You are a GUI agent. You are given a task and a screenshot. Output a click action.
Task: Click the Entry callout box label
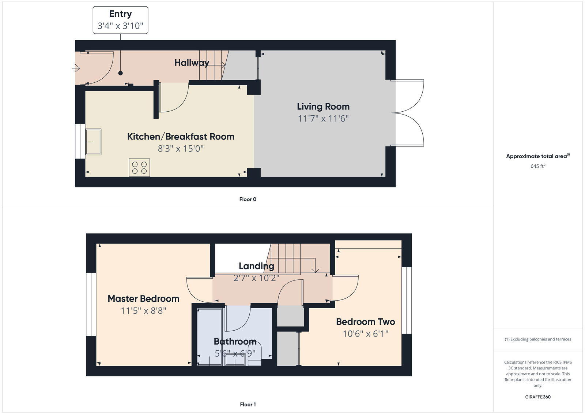[x=120, y=14]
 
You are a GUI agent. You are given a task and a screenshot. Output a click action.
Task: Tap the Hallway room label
[x=192, y=63]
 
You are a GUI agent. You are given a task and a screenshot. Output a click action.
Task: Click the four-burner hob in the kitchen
[x=139, y=168]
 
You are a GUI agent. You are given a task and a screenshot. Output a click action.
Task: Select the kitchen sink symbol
[x=93, y=142]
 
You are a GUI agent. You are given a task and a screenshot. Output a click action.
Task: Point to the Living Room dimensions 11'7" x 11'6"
[x=323, y=119]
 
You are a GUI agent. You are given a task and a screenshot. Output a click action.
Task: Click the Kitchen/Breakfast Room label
[x=181, y=137]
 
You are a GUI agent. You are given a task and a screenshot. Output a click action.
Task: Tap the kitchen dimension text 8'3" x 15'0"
[x=181, y=149]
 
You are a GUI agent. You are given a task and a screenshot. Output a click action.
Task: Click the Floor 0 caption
[x=248, y=199]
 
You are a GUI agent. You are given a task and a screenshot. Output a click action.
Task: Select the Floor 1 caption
[x=248, y=404]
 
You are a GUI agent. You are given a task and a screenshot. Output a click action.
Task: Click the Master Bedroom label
[x=143, y=299]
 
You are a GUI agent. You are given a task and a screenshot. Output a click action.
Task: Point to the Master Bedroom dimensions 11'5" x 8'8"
[x=143, y=311]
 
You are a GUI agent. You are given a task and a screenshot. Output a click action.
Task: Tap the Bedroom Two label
[x=365, y=322]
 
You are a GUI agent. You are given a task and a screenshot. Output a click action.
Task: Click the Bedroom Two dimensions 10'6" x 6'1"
[x=365, y=334]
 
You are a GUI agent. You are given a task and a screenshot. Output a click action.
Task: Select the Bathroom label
[x=235, y=342]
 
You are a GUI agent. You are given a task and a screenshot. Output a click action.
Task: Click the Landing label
[x=256, y=266]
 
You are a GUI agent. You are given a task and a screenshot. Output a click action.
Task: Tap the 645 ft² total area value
[x=537, y=166]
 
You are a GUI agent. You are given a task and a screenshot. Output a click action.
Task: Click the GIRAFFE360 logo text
[x=537, y=397]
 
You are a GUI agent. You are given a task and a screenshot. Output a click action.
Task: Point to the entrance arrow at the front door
[x=76, y=68]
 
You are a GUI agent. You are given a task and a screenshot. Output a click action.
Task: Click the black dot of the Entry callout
[x=120, y=73]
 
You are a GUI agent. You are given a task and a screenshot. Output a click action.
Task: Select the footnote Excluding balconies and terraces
[x=537, y=339]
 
